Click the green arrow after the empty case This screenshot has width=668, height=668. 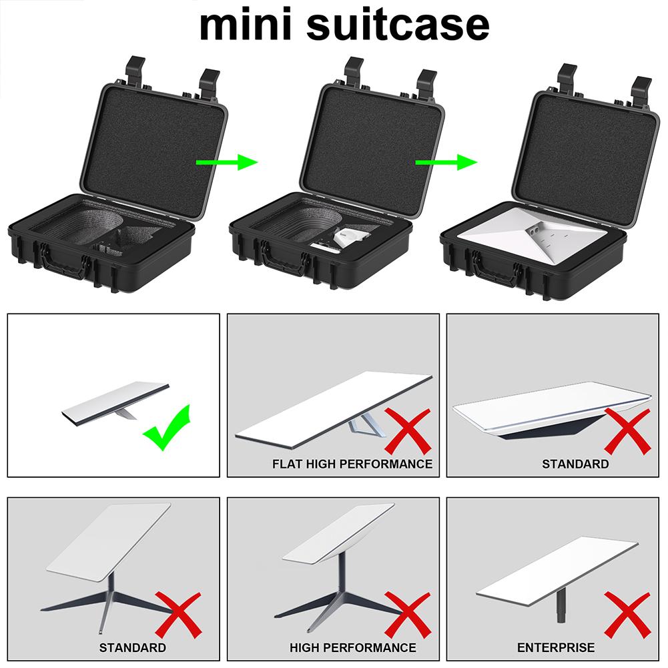coord(227,161)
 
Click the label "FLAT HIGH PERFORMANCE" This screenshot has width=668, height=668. coord(352,463)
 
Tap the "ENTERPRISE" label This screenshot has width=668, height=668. coord(555,647)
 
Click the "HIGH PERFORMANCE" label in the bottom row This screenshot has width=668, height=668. coord(352,647)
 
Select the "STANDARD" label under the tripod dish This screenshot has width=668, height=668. coord(133,647)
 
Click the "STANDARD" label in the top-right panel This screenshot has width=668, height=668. coord(575,463)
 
